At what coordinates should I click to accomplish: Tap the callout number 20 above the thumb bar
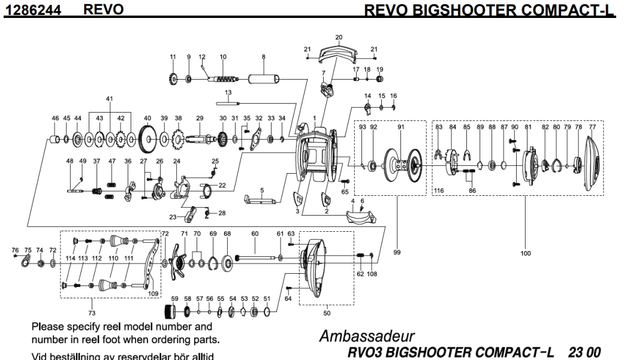coord(339,38)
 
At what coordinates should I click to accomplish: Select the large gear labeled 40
coord(147,141)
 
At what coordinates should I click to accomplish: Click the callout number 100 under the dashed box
coord(525,253)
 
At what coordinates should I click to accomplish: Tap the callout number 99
coord(396,253)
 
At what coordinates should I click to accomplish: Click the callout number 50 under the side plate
coord(327,313)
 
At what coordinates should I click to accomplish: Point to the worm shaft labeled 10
coord(224,78)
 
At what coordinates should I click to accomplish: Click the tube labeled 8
coord(263,78)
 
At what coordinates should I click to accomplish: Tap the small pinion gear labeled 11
coord(173,78)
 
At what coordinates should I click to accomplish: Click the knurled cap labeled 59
coord(171,311)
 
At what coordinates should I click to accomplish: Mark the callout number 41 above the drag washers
coord(109,99)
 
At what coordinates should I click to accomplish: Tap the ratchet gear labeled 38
coord(178,141)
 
